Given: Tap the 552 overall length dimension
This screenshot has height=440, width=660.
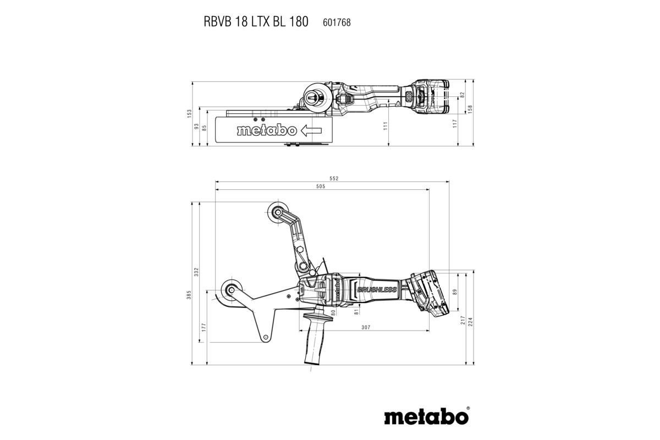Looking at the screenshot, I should pos(333,178).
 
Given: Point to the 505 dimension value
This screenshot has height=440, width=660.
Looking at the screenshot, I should pos(321,186).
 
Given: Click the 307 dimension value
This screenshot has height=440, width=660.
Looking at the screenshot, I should pos(365,328).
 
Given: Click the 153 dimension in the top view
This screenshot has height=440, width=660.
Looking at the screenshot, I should pos(189,114).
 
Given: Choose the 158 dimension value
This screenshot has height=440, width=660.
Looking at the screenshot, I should pos(469,109).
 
